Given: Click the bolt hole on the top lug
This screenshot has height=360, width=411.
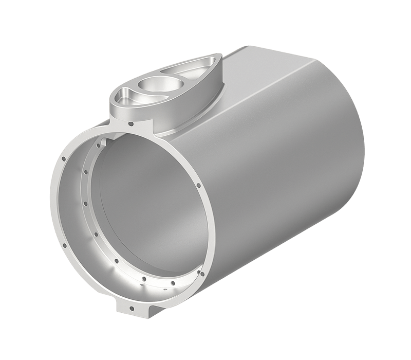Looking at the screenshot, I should (x=132, y=124).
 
